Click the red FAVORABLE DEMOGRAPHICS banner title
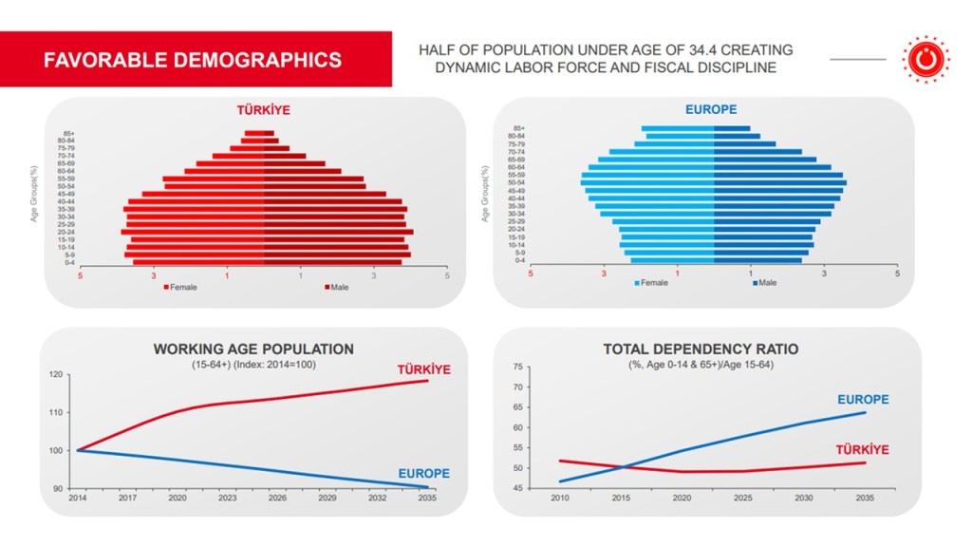[193, 60]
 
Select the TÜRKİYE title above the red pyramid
[263, 110]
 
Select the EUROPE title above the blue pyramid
[711, 110]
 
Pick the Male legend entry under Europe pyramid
[764, 282]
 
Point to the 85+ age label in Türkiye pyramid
[69, 134]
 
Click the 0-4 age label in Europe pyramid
[518, 260]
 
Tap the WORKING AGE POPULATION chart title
[253, 349]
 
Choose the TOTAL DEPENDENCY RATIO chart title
[701, 349]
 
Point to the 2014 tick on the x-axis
[77, 498]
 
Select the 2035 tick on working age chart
[427, 498]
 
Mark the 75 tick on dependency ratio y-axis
[517, 367]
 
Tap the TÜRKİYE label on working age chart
[422, 369]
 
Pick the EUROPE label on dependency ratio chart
[863, 400]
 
